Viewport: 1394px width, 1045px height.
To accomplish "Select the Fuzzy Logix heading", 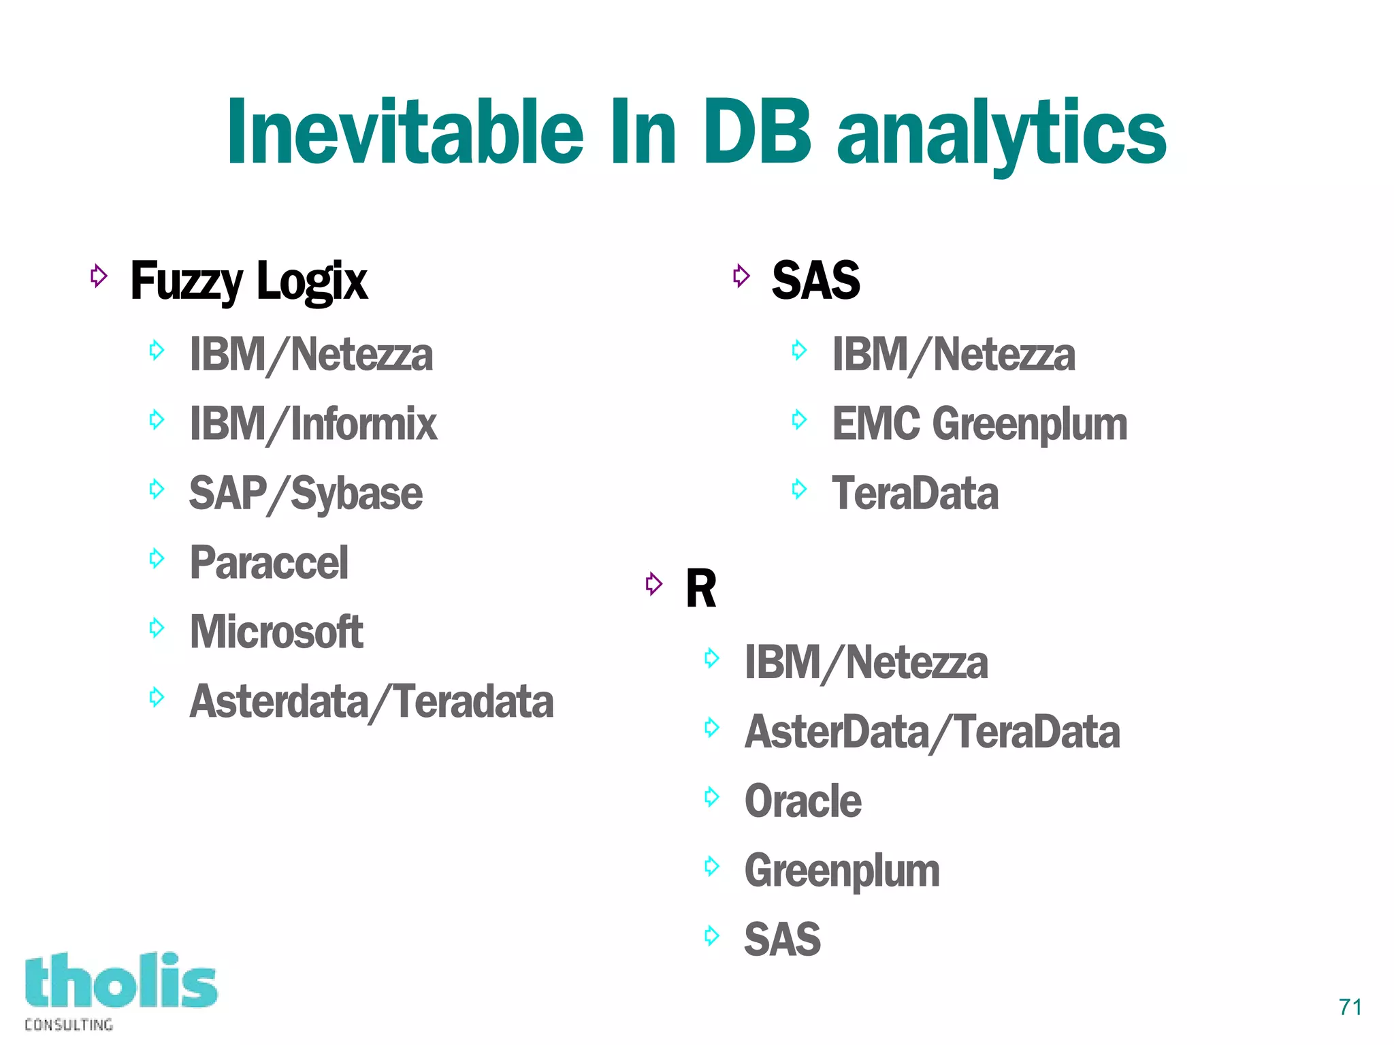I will pyautogui.click(x=248, y=280).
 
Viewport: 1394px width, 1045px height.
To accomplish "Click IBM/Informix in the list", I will pyautogui.click(x=313, y=423).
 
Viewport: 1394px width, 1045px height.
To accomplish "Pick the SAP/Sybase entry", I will pyautogui.click(x=306, y=494).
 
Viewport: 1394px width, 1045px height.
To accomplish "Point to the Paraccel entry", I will pyautogui.click(x=269, y=563).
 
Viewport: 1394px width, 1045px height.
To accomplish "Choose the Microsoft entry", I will pyautogui.click(x=276, y=632).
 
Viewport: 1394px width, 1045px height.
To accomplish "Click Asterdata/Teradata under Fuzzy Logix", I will pyautogui.click(x=371, y=701).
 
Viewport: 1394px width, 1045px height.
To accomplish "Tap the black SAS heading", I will pyautogui.click(x=815, y=280).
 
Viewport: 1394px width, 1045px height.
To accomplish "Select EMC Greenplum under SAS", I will pyautogui.click(x=979, y=423).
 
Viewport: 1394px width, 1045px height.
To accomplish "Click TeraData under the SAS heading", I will pyautogui.click(x=915, y=494).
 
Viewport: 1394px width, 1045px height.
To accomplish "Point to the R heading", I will pyautogui.click(x=700, y=588).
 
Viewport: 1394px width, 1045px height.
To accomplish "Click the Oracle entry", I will pyautogui.click(x=803, y=801).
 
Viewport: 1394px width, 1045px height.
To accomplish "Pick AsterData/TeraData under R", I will pyautogui.click(x=932, y=732).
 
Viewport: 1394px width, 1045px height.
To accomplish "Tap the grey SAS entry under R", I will pyautogui.click(x=782, y=939).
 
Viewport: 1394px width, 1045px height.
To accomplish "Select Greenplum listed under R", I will pyautogui.click(x=841, y=871).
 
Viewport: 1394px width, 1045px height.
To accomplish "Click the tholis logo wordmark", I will pyautogui.click(x=121, y=981).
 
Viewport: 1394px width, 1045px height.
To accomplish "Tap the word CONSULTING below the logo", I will pyautogui.click(x=69, y=1025).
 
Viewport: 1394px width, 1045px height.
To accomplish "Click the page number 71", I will pyautogui.click(x=1350, y=1007).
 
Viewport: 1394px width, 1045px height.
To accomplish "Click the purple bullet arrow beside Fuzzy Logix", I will pyautogui.click(x=99, y=276).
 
